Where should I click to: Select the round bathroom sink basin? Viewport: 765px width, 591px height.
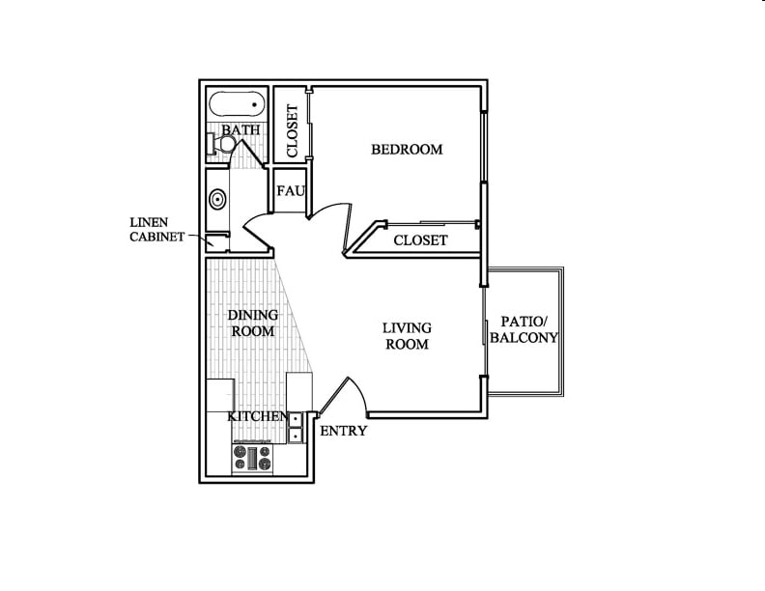coord(218,201)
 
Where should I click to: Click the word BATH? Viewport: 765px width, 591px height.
coord(239,129)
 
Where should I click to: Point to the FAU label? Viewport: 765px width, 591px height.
coord(291,191)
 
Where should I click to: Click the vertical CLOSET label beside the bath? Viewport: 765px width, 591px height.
coord(292,131)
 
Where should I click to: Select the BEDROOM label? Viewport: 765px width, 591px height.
coord(407,150)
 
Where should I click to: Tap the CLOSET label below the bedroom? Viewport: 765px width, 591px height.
coord(420,239)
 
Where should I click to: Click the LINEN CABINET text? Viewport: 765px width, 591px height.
coord(156,230)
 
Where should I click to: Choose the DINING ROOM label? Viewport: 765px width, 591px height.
coord(252,323)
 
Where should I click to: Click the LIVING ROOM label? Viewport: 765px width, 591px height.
coord(407,336)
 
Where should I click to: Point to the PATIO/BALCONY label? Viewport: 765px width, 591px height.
coord(524,329)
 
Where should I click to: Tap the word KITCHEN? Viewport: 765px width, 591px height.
coord(257,416)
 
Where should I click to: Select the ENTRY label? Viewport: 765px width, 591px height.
coord(343,431)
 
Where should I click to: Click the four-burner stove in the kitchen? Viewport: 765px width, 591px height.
coord(253,457)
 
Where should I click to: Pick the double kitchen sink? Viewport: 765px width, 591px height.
coord(296,427)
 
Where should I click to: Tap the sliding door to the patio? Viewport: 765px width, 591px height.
coord(485,328)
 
